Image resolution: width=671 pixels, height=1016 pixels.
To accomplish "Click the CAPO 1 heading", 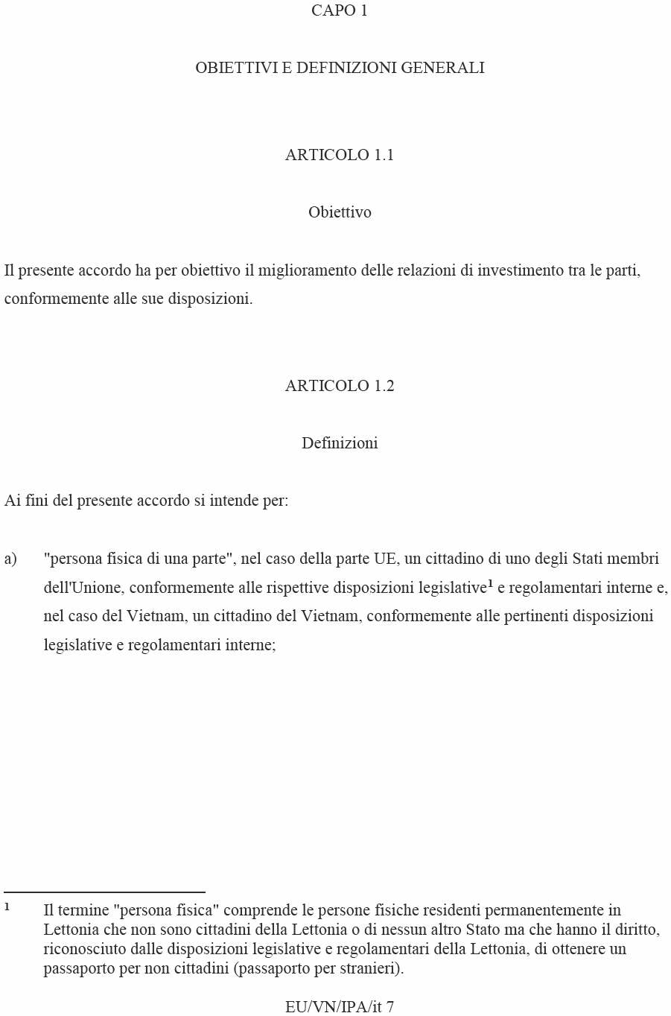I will [339, 10].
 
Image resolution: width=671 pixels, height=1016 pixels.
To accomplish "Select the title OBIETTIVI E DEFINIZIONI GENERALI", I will [340, 68].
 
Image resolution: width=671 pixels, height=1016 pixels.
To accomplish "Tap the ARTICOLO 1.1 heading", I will [339, 155].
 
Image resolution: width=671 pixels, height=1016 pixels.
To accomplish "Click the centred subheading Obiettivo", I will [340, 212].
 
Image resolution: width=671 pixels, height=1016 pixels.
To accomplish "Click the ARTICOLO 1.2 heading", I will [339, 386].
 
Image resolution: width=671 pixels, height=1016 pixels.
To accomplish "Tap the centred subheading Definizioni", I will [340, 443].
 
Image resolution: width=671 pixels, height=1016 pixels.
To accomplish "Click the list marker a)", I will [10, 559].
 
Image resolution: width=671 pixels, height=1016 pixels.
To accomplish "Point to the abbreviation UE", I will [385, 559].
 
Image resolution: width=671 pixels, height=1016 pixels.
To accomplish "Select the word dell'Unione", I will [82, 588].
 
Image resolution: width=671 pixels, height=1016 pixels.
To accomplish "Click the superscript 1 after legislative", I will [490, 584].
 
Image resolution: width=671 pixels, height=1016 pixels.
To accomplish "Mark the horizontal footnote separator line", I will [104, 892].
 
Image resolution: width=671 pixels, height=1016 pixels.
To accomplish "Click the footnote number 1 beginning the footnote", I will [7, 907].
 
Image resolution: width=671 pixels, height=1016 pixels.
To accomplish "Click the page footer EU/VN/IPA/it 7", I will [339, 1007].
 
